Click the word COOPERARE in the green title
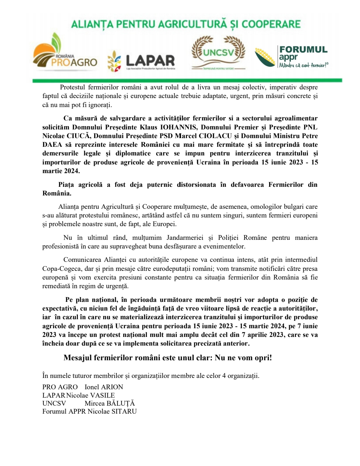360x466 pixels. (271, 24)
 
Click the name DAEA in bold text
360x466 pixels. (52, 144)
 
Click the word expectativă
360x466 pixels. (59, 308)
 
